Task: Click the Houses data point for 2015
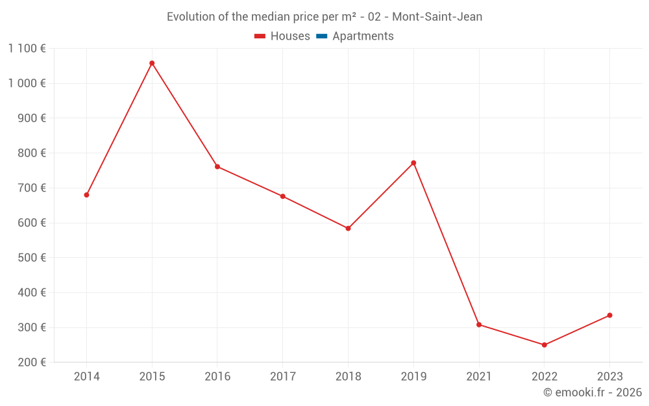[152, 63]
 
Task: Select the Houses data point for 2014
[86, 195]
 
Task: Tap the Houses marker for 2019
[413, 163]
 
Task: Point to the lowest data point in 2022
[545, 345]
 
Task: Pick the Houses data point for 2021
[479, 325]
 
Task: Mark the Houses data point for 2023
[610, 315]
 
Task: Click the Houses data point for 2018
[348, 229]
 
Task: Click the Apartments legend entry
[362, 36]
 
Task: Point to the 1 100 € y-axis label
[27, 48]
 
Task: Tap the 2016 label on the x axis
[217, 377]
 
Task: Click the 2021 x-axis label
[479, 377]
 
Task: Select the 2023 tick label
[610, 377]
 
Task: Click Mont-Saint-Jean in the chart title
[437, 17]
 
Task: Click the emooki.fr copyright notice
[592, 392]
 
